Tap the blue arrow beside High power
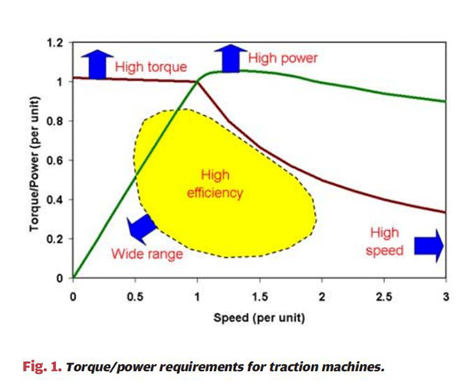coord(228,58)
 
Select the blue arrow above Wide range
coord(141,226)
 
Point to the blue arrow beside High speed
coord(429,243)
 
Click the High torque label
coord(146,67)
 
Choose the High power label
coord(282,58)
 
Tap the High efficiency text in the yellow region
coord(215,184)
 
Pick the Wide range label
coord(147,254)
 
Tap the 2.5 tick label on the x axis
coord(383,297)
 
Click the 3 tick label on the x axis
coord(445,297)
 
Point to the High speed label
coord(386,242)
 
